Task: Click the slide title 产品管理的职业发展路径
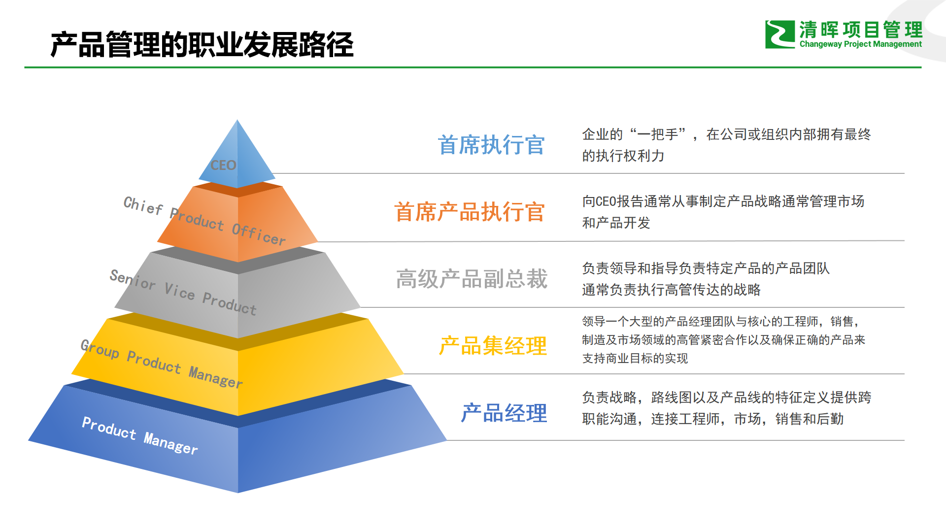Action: pyautogui.click(x=202, y=44)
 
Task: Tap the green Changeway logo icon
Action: pyautogui.click(x=779, y=34)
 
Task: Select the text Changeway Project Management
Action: pyautogui.click(x=860, y=44)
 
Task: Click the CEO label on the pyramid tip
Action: pyautogui.click(x=223, y=165)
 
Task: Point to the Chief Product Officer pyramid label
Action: pyautogui.click(x=204, y=220)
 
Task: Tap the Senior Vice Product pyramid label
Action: pyautogui.click(x=183, y=292)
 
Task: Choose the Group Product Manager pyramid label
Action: pyautogui.click(x=162, y=364)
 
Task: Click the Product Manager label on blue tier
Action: pyautogui.click(x=140, y=435)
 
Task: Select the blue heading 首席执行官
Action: pyautogui.click(x=491, y=145)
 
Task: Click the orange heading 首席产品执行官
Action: pyautogui.click(x=470, y=212)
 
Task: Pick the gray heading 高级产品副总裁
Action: pyautogui.click(x=472, y=279)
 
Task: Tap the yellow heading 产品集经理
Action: pyautogui.click(x=493, y=346)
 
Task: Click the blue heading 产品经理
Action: pyautogui.click(x=504, y=413)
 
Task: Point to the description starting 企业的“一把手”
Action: pyautogui.click(x=726, y=145)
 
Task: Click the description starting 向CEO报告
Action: pyautogui.click(x=723, y=212)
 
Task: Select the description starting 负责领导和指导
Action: pyautogui.click(x=706, y=279)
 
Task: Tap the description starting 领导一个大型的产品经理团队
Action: pyautogui.click(x=723, y=340)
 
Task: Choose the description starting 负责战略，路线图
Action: pyautogui.click(x=726, y=408)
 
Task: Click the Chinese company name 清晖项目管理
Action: pyautogui.click(x=860, y=30)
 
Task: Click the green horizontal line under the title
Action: pyautogui.click(x=473, y=67)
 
